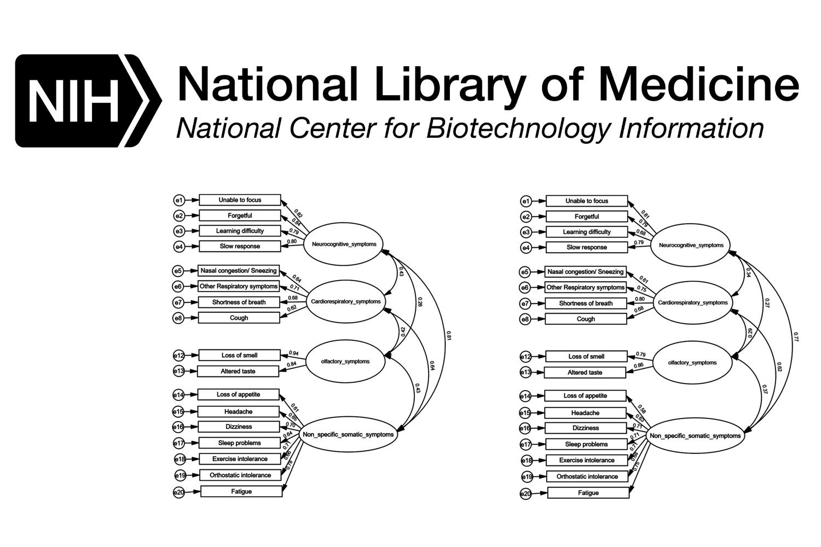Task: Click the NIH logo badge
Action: pos(88,101)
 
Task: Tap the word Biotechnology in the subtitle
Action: pos(517,129)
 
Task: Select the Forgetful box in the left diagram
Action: pos(240,216)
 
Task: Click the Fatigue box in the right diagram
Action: pos(588,493)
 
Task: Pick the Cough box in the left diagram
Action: pos(239,318)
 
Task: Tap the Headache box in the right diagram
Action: pos(585,413)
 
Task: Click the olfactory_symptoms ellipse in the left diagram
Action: pos(345,361)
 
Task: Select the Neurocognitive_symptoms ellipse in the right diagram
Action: pos(691,245)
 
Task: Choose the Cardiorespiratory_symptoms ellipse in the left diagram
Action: pos(345,301)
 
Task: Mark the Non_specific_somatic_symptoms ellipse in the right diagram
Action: pos(695,436)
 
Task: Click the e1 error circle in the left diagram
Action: pos(179,200)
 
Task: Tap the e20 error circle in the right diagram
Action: pos(525,494)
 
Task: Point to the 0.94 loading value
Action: pos(293,353)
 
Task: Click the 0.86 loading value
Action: pos(638,365)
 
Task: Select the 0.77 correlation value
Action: pos(796,337)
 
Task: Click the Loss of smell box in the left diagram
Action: pos(239,356)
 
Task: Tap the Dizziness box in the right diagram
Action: pos(586,428)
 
